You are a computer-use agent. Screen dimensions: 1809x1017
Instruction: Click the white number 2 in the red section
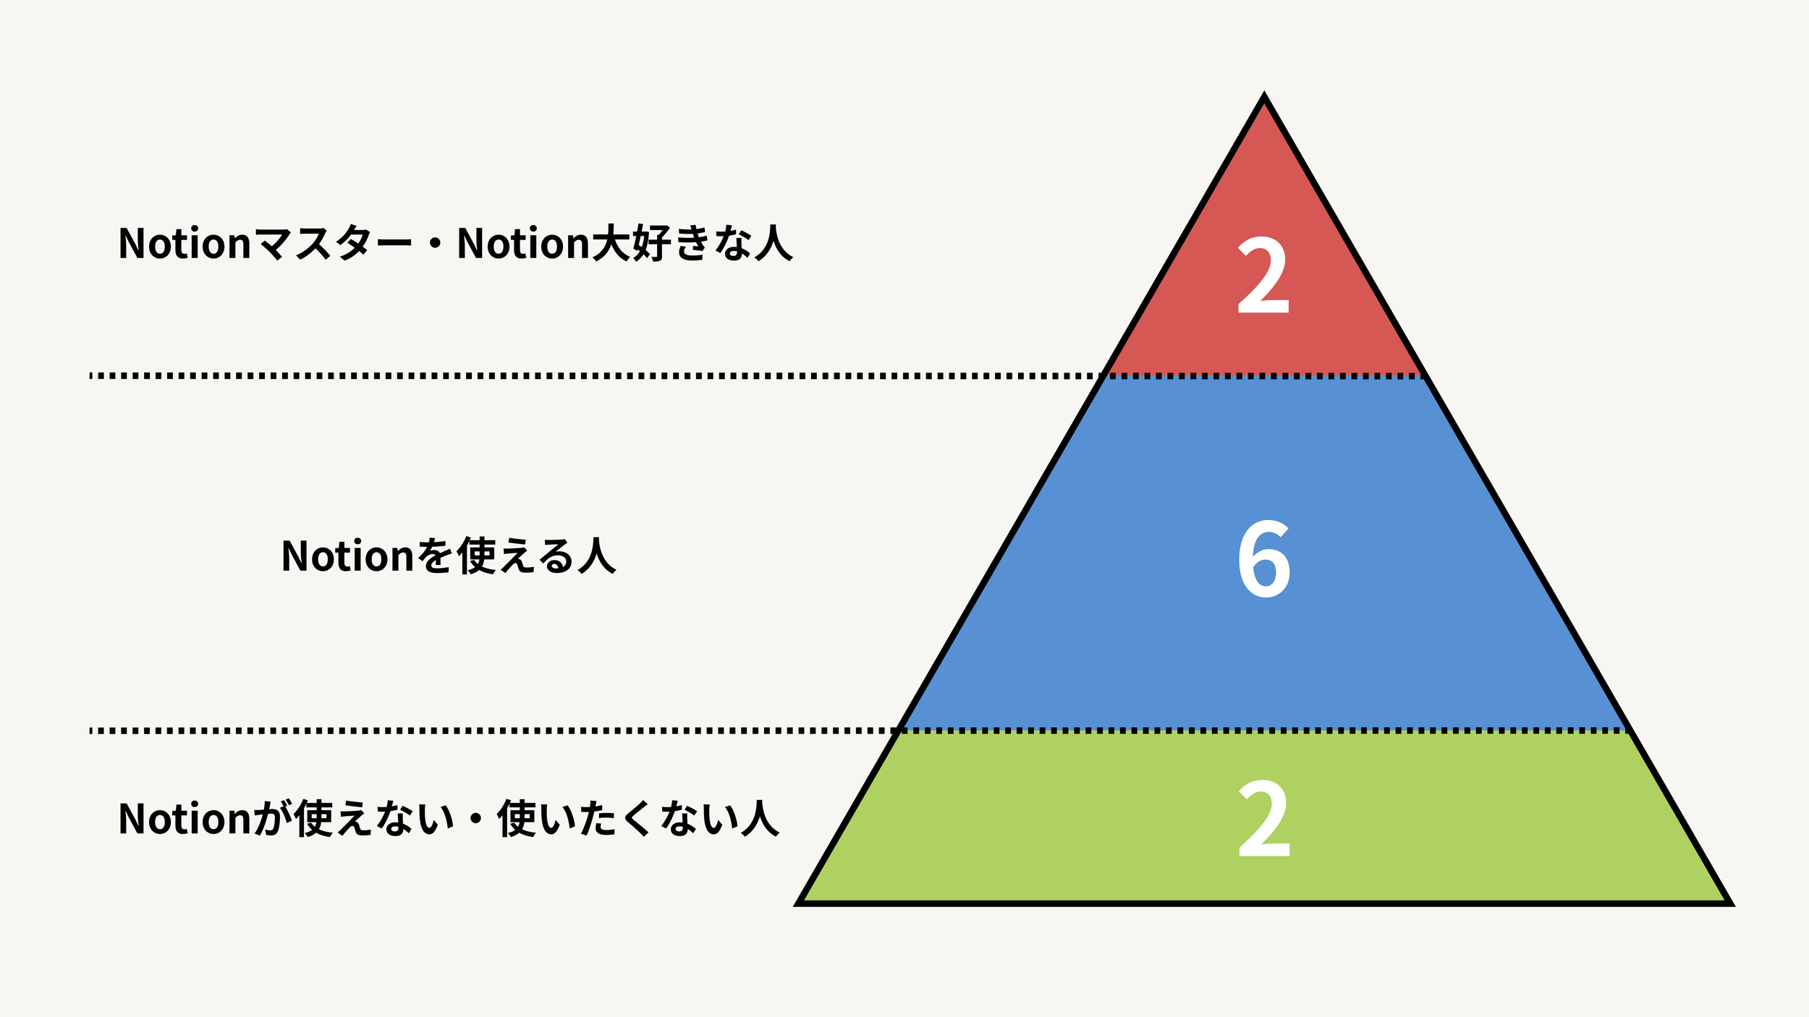pos(1263,276)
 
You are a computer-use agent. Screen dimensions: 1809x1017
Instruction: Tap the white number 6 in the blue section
pos(1263,558)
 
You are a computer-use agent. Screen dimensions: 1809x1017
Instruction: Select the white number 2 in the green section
pos(1264,819)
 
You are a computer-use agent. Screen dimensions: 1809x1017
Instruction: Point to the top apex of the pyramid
pos(1264,98)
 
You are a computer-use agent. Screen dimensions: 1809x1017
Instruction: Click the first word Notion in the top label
pos(185,243)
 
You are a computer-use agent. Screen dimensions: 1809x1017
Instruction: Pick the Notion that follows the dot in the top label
pos(523,243)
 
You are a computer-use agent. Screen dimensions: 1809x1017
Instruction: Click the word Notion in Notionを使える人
pos(347,556)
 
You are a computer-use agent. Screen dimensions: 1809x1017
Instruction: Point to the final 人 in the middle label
pos(597,556)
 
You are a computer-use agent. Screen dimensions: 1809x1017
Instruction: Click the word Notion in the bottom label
pos(185,819)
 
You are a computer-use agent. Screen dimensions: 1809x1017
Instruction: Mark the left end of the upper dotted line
pos(92,376)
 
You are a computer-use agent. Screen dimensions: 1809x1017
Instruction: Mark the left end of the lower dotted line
pos(92,731)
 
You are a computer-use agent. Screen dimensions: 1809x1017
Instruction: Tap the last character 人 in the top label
pos(774,243)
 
